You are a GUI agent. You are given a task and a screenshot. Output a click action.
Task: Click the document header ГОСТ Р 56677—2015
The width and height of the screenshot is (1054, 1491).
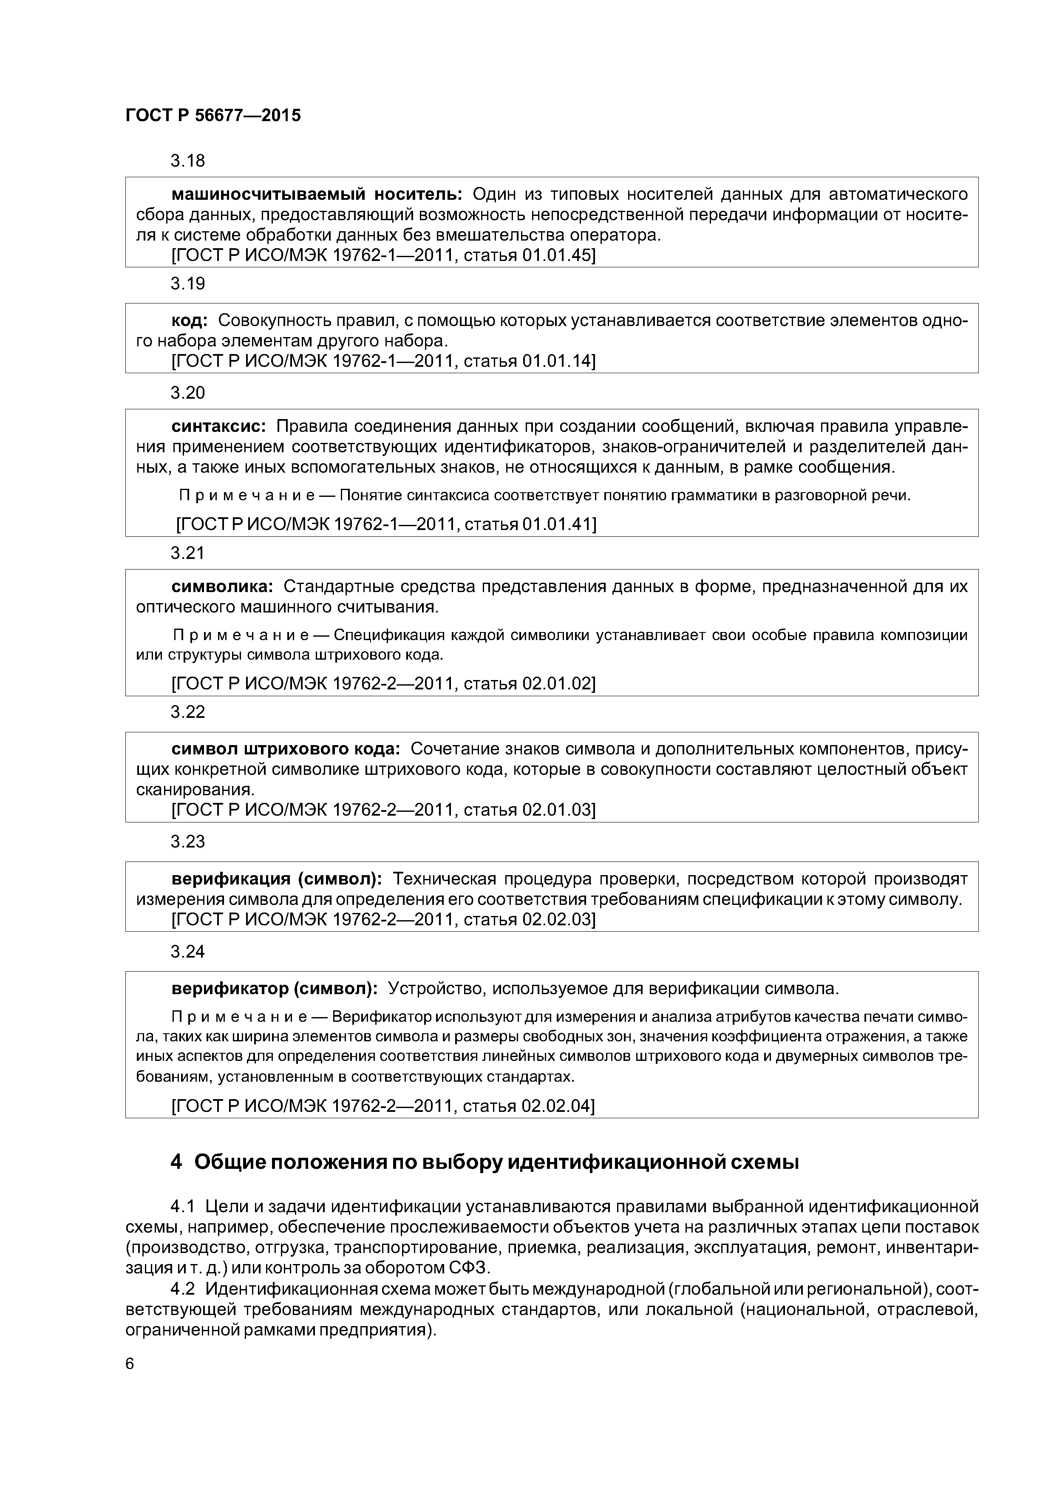[x=213, y=116]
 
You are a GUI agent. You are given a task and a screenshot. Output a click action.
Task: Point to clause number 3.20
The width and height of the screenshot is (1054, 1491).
[x=188, y=392]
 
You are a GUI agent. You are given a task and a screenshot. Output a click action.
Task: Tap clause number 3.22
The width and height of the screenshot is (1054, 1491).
[x=188, y=712]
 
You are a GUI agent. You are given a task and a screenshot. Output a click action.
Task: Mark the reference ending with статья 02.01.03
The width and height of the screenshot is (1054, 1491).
[x=383, y=810]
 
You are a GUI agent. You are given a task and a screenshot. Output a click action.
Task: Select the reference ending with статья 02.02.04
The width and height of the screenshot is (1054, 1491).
[x=383, y=1105]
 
